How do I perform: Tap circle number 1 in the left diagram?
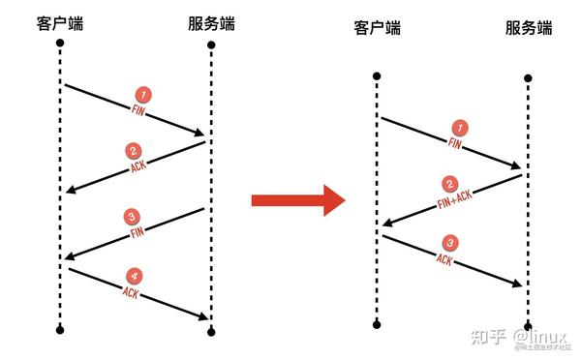click(143, 95)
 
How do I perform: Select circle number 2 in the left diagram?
click(134, 151)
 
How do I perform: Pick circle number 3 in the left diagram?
click(134, 216)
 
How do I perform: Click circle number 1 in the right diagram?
click(460, 126)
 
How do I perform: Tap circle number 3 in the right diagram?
click(448, 242)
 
